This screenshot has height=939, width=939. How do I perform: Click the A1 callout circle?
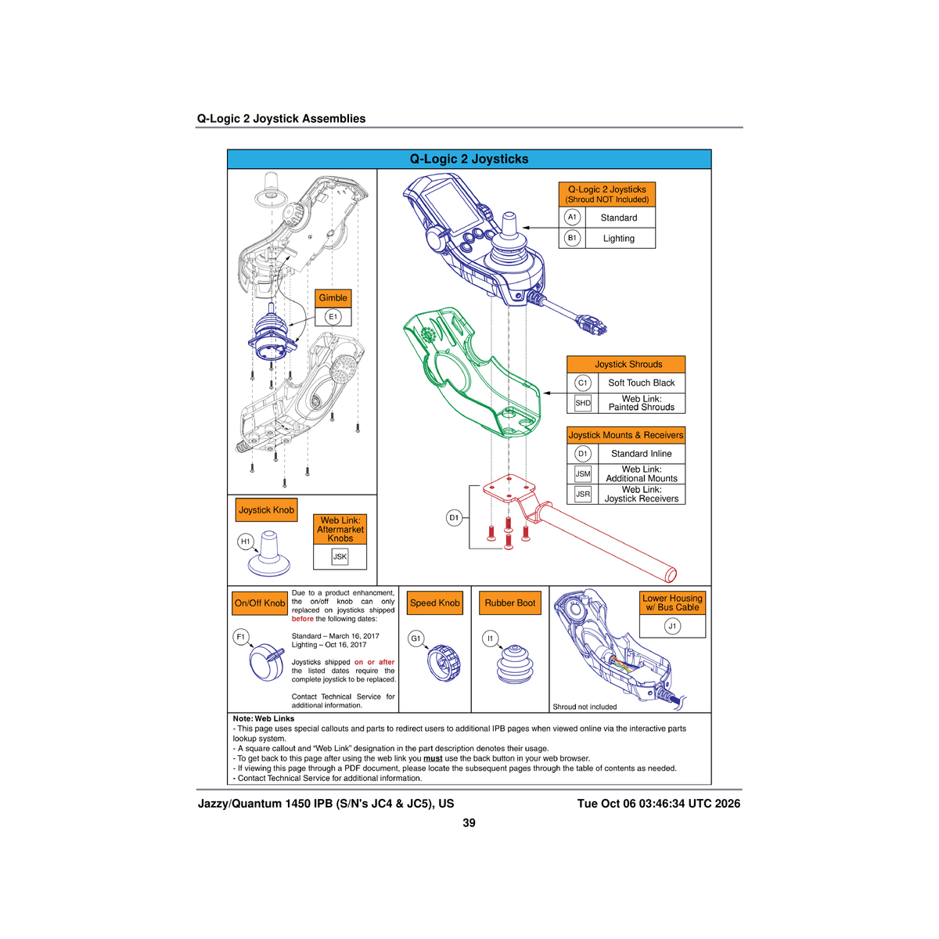click(x=572, y=217)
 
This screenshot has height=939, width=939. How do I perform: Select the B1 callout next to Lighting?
click(x=572, y=238)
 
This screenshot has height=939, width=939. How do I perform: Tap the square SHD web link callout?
click(x=582, y=403)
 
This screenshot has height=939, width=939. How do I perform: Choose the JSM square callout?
click(x=582, y=473)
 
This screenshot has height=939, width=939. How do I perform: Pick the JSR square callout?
click(x=582, y=494)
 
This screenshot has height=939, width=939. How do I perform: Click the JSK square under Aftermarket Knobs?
click(x=340, y=556)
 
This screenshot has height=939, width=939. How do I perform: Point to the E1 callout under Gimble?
click(x=333, y=317)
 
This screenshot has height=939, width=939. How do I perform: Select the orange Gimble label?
click(x=333, y=297)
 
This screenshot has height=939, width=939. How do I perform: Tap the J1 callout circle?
click(x=672, y=626)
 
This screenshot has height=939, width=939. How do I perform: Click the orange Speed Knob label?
click(x=434, y=603)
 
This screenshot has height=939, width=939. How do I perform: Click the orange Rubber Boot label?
click(x=509, y=603)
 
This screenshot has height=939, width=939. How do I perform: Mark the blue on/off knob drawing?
click(x=267, y=662)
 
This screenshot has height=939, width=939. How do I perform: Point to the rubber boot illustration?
click(x=515, y=664)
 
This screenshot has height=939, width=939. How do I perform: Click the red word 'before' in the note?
click(x=302, y=619)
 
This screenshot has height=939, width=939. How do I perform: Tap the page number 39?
click(x=469, y=823)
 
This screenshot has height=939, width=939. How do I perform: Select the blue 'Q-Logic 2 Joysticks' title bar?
click(x=469, y=159)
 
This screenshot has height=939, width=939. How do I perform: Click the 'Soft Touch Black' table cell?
click(x=641, y=383)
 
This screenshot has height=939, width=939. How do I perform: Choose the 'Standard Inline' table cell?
click(x=641, y=453)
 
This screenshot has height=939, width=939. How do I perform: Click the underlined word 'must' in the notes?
click(x=433, y=758)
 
